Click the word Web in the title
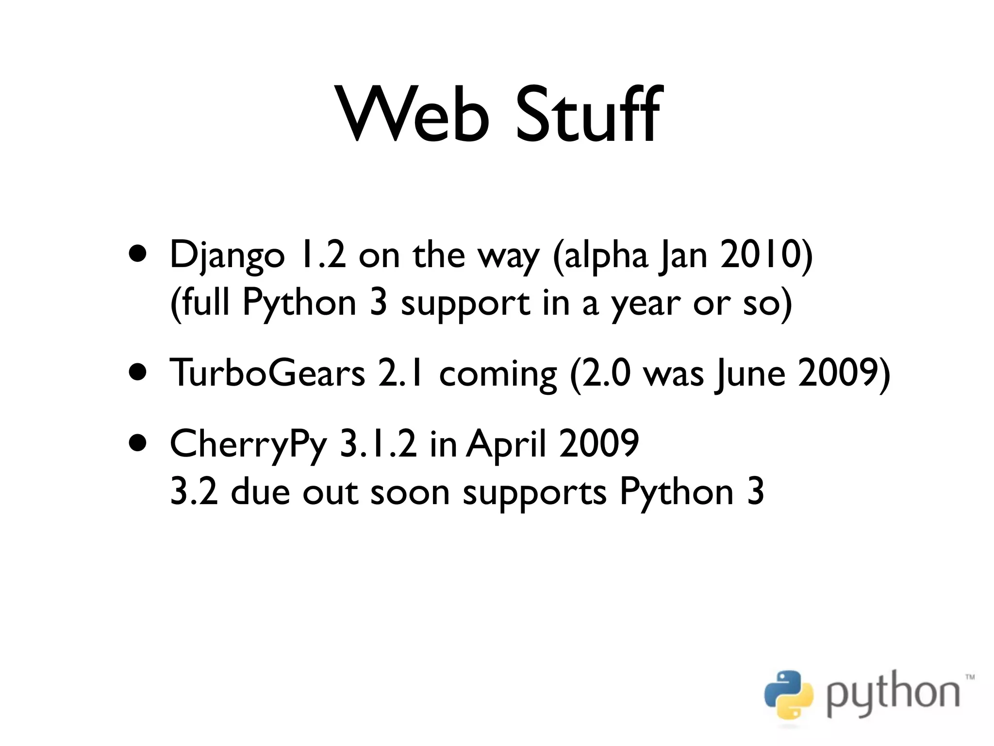pyautogui.click(x=414, y=116)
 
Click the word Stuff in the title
pyautogui.click(x=587, y=116)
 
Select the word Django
pyautogui.click(x=227, y=255)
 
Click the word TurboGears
pyautogui.click(x=267, y=373)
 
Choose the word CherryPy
pyautogui.click(x=248, y=444)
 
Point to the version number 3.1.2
pyautogui.click(x=378, y=443)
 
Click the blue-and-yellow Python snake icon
pyautogui.click(x=788, y=695)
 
